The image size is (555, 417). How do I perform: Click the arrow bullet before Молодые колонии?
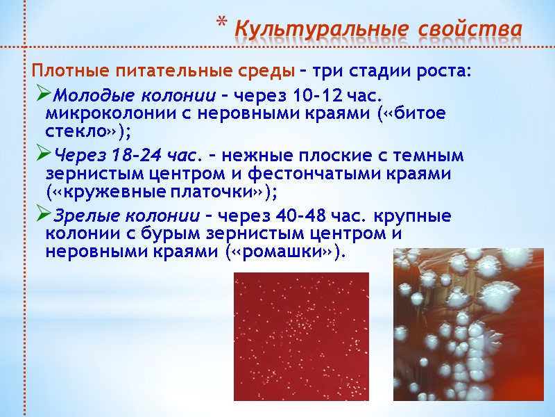pos(42,95)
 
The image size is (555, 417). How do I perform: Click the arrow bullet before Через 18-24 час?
pos(42,154)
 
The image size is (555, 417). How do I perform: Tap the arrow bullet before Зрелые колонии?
pos(42,215)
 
